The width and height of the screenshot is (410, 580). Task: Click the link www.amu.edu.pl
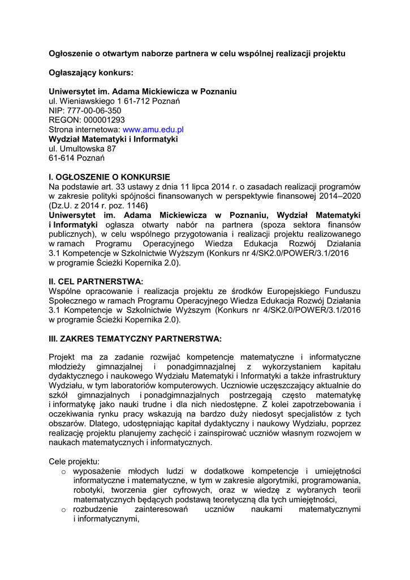click(157, 130)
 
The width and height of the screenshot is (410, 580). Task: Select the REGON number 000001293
click(105, 120)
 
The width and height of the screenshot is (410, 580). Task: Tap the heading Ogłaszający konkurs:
click(92, 72)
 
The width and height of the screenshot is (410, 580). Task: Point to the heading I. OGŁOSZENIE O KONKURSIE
click(109, 176)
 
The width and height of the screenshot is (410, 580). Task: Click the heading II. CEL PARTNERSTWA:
click(96, 281)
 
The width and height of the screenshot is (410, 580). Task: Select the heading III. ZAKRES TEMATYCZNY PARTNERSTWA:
click(135, 339)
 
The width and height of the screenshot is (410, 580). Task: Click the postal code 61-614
click(62, 158)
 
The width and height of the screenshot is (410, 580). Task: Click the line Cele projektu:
click(74, 462)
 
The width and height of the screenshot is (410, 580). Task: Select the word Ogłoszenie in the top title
click(71, 53)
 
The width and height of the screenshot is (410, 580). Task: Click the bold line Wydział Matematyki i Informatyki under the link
click(113, 139)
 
